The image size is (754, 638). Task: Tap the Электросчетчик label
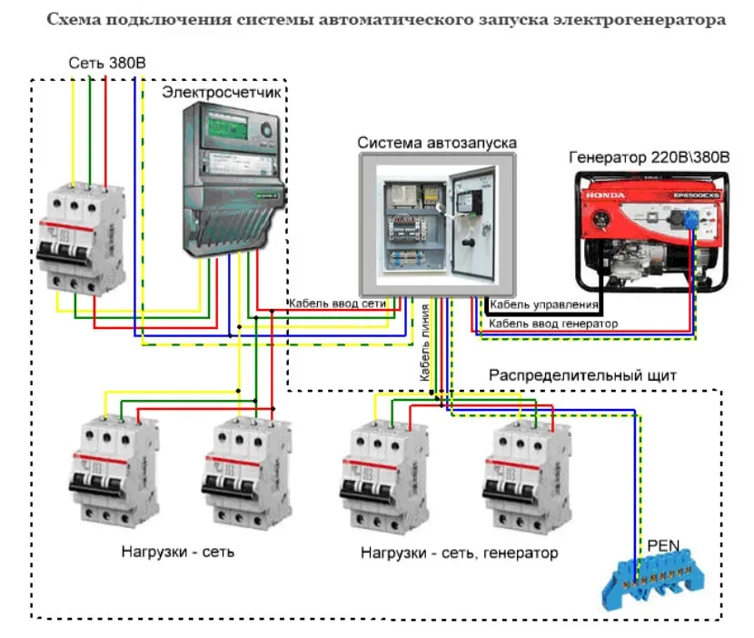pyautogui.click(x=223, y=93)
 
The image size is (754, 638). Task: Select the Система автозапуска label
pyautogui.click(x=436, y=143)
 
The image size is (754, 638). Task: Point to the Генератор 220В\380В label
pyautogui.click(x=649, y=157)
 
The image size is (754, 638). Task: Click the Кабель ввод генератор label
pyautogui.click(x=553, y=324)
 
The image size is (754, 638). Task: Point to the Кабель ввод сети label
pyautogui.click(x=337, y=303)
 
